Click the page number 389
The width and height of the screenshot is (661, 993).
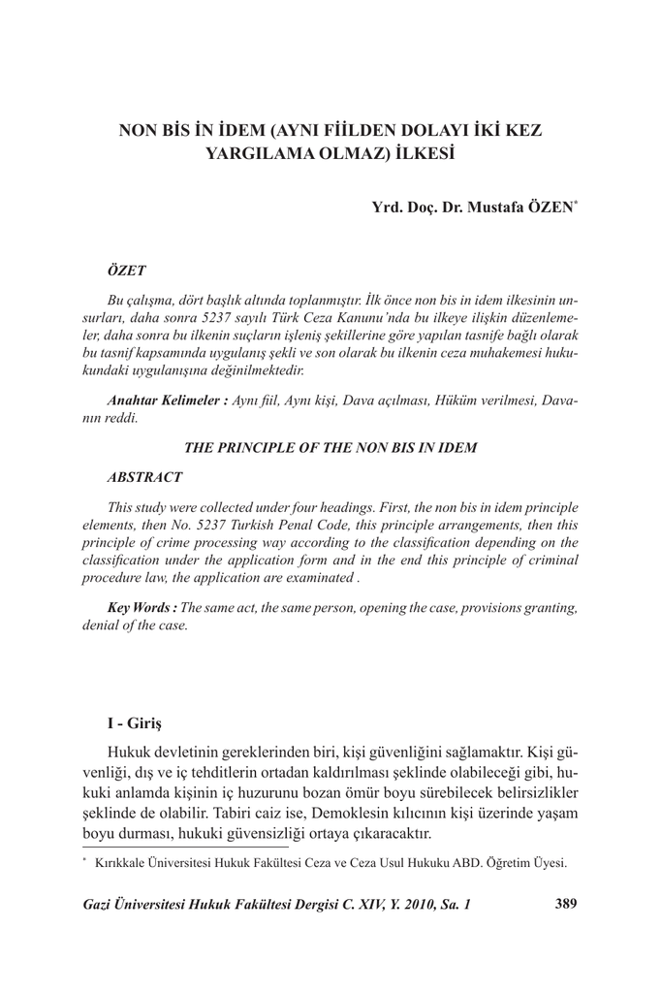565,905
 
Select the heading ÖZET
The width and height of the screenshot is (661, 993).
126,264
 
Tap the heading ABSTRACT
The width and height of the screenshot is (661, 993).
143,478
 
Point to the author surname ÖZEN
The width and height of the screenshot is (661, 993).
551,208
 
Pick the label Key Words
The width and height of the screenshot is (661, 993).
142,607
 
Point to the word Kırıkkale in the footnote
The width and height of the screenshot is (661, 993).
118,861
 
